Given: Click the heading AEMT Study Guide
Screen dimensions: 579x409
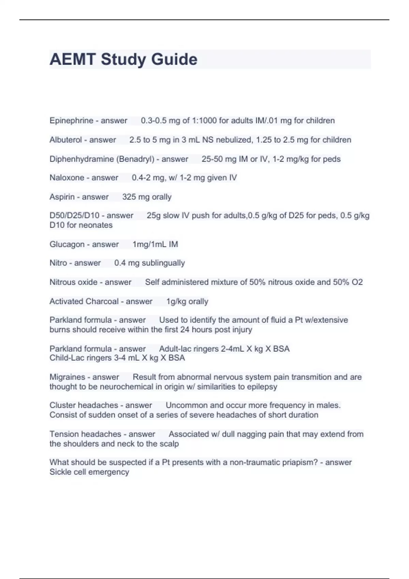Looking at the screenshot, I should coord(123,59).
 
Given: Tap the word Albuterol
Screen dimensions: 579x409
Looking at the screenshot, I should coord(65,140).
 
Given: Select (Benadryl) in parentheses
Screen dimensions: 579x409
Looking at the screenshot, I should coord(136,159).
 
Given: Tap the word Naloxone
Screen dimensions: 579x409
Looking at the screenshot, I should coord(67,178).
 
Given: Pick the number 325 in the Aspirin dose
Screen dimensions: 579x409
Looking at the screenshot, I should coord(129,197).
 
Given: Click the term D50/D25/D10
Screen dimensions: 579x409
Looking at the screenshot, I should coord(74,216).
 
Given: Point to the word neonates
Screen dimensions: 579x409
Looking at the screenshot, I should coord(96,225).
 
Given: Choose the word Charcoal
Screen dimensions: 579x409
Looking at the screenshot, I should coord(102,301).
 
